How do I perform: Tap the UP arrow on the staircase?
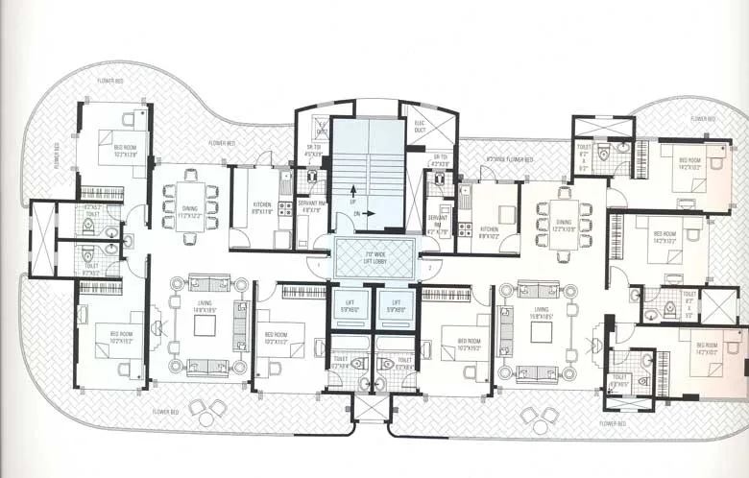pos(352,193)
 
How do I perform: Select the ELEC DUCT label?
pos(419,128)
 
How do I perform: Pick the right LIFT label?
pos(396,305)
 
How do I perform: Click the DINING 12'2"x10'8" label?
pos(564,227)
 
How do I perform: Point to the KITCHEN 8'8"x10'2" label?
pos(488,231)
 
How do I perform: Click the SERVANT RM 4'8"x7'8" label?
pos(310,205)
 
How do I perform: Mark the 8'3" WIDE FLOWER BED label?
pos(508,159)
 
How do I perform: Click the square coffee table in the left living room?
pos(205,325)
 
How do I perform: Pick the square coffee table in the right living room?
pos(541,333)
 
